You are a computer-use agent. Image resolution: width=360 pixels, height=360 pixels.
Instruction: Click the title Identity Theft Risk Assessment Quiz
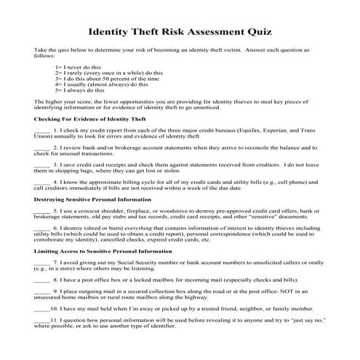point(180,31)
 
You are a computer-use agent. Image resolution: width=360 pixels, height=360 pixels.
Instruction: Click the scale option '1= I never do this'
point(79,67)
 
